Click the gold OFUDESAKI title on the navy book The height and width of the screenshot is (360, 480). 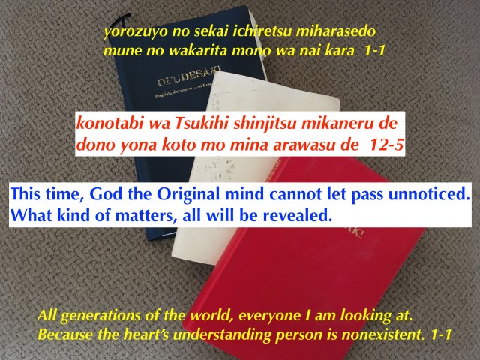[189, 75]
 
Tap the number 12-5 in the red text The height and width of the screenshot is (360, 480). [387, 145]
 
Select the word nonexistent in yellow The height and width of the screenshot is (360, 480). [383, 334]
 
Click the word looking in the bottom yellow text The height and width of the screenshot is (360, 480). [365, 316]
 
